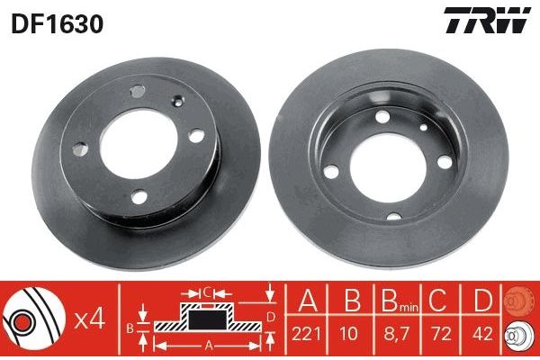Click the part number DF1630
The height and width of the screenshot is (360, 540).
tap(58, 24)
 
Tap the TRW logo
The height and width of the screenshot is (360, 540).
tap(488, 20)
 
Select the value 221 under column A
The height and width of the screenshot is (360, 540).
tap(306, 334)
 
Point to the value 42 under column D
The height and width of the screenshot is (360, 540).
tap(482, 334)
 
